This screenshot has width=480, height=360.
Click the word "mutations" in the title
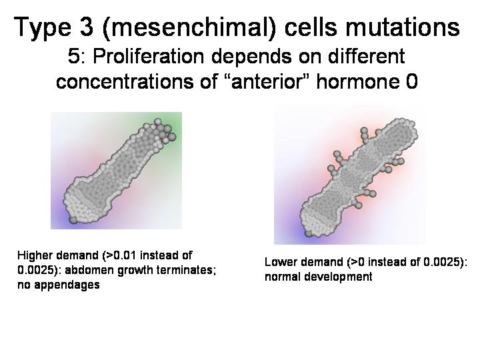click(403, 27)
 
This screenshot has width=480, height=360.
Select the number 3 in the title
click(87, 27)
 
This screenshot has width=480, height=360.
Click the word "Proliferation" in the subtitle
click(148, 56)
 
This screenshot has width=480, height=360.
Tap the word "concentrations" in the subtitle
click(125, 82)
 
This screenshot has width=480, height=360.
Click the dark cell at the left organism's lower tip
click(73, 219)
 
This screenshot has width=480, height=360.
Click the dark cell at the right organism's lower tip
click(309, 233)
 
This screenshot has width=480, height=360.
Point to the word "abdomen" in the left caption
click(87, 270)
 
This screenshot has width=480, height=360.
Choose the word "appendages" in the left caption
click(67, 285)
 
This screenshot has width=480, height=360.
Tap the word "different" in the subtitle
click(367, 56)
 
